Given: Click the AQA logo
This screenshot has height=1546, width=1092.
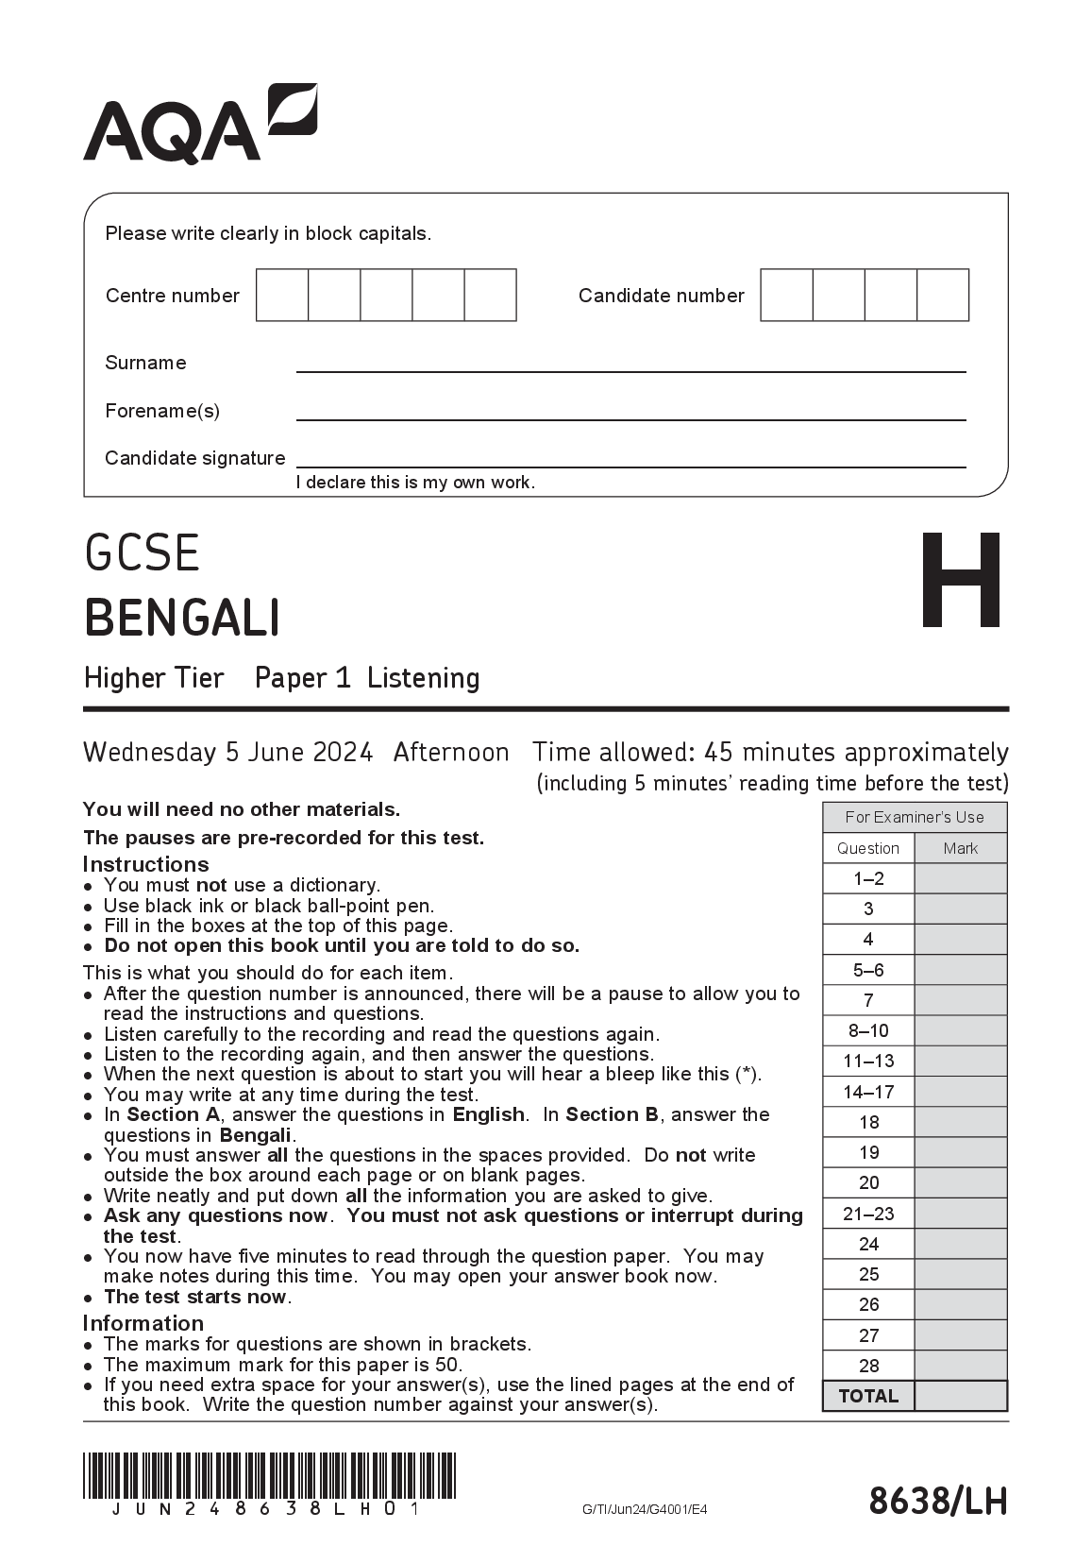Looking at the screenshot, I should [x=200, y=124].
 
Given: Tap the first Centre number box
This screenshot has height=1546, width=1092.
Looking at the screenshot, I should [x=282, y=295].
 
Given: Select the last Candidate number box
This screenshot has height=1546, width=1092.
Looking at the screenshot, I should [x=943, y=295].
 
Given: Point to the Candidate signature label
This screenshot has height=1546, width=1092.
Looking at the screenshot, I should [x=194, y=458].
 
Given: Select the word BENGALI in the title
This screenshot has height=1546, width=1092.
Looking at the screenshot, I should [x=182, y=619].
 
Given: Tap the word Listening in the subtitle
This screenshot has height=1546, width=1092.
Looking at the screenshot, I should [x=423, y=678].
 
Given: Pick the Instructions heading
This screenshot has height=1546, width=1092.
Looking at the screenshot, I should [x=145, y=864].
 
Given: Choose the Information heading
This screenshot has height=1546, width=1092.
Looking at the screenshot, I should [x=143, y=1323].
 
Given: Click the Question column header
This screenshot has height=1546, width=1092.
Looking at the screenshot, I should [x=868, y=848].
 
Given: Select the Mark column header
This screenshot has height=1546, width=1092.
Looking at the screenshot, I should [x=961, y=848].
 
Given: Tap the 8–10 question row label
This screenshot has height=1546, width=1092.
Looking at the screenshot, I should [x=868, y=1030].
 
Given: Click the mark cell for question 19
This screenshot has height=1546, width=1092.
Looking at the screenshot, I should [x=961, y=1152].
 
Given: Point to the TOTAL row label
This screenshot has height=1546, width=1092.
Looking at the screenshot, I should [x=868, y=1396].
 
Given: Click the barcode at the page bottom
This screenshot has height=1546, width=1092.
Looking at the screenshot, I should [x=269, y=1476].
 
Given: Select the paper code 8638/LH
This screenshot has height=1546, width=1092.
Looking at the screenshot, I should [x=937, y=1500].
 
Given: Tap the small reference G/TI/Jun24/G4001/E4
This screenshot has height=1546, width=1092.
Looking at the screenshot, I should [x=645, y=1509].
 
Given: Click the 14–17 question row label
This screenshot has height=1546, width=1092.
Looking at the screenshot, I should [x=868, y=1092].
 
